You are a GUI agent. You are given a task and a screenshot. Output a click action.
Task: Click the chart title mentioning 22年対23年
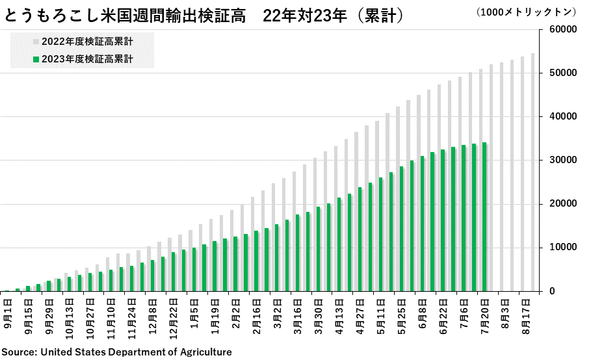[x=204, y=16]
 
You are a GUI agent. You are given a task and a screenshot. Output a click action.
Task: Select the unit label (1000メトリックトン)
[x=526, y=12]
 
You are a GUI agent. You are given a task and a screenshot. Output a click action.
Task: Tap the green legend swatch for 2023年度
[x=36, y=59]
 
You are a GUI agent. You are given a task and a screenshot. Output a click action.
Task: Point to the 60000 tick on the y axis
[x=563, y=29]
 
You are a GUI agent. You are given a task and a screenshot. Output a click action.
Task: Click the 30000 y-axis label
[x=563, y=160]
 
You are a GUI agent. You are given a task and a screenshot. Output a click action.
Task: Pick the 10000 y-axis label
[x=563, y=248]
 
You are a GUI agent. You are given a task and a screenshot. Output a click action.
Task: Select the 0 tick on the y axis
[x=552, y=291]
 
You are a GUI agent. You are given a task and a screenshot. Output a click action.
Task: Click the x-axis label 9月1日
[x=8, y=314]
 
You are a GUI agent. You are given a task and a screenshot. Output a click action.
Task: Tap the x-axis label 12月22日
[x=173, y=318]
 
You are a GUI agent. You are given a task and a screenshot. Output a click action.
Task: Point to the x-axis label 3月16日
[x=298, y=316]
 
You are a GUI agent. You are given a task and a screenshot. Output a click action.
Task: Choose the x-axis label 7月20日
[x=485, y=316]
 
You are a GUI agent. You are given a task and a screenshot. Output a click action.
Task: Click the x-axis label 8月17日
[x=526, y=316]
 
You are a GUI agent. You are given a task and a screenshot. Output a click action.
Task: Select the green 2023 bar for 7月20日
[x=484, y=217]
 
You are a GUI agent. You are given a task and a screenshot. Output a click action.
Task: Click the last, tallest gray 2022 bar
[x=532, y=172]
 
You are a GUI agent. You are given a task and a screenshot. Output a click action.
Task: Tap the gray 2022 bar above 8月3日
[x=502, y=177]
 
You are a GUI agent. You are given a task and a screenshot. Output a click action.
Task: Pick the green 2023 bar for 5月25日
[x=401, y=229]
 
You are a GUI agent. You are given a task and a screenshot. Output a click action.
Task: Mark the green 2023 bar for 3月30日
[x=318, y=249]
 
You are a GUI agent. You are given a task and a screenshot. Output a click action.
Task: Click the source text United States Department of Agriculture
[x=136, y=352]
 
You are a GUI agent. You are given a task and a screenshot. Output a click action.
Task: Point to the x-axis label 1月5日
[x=194, y=314]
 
